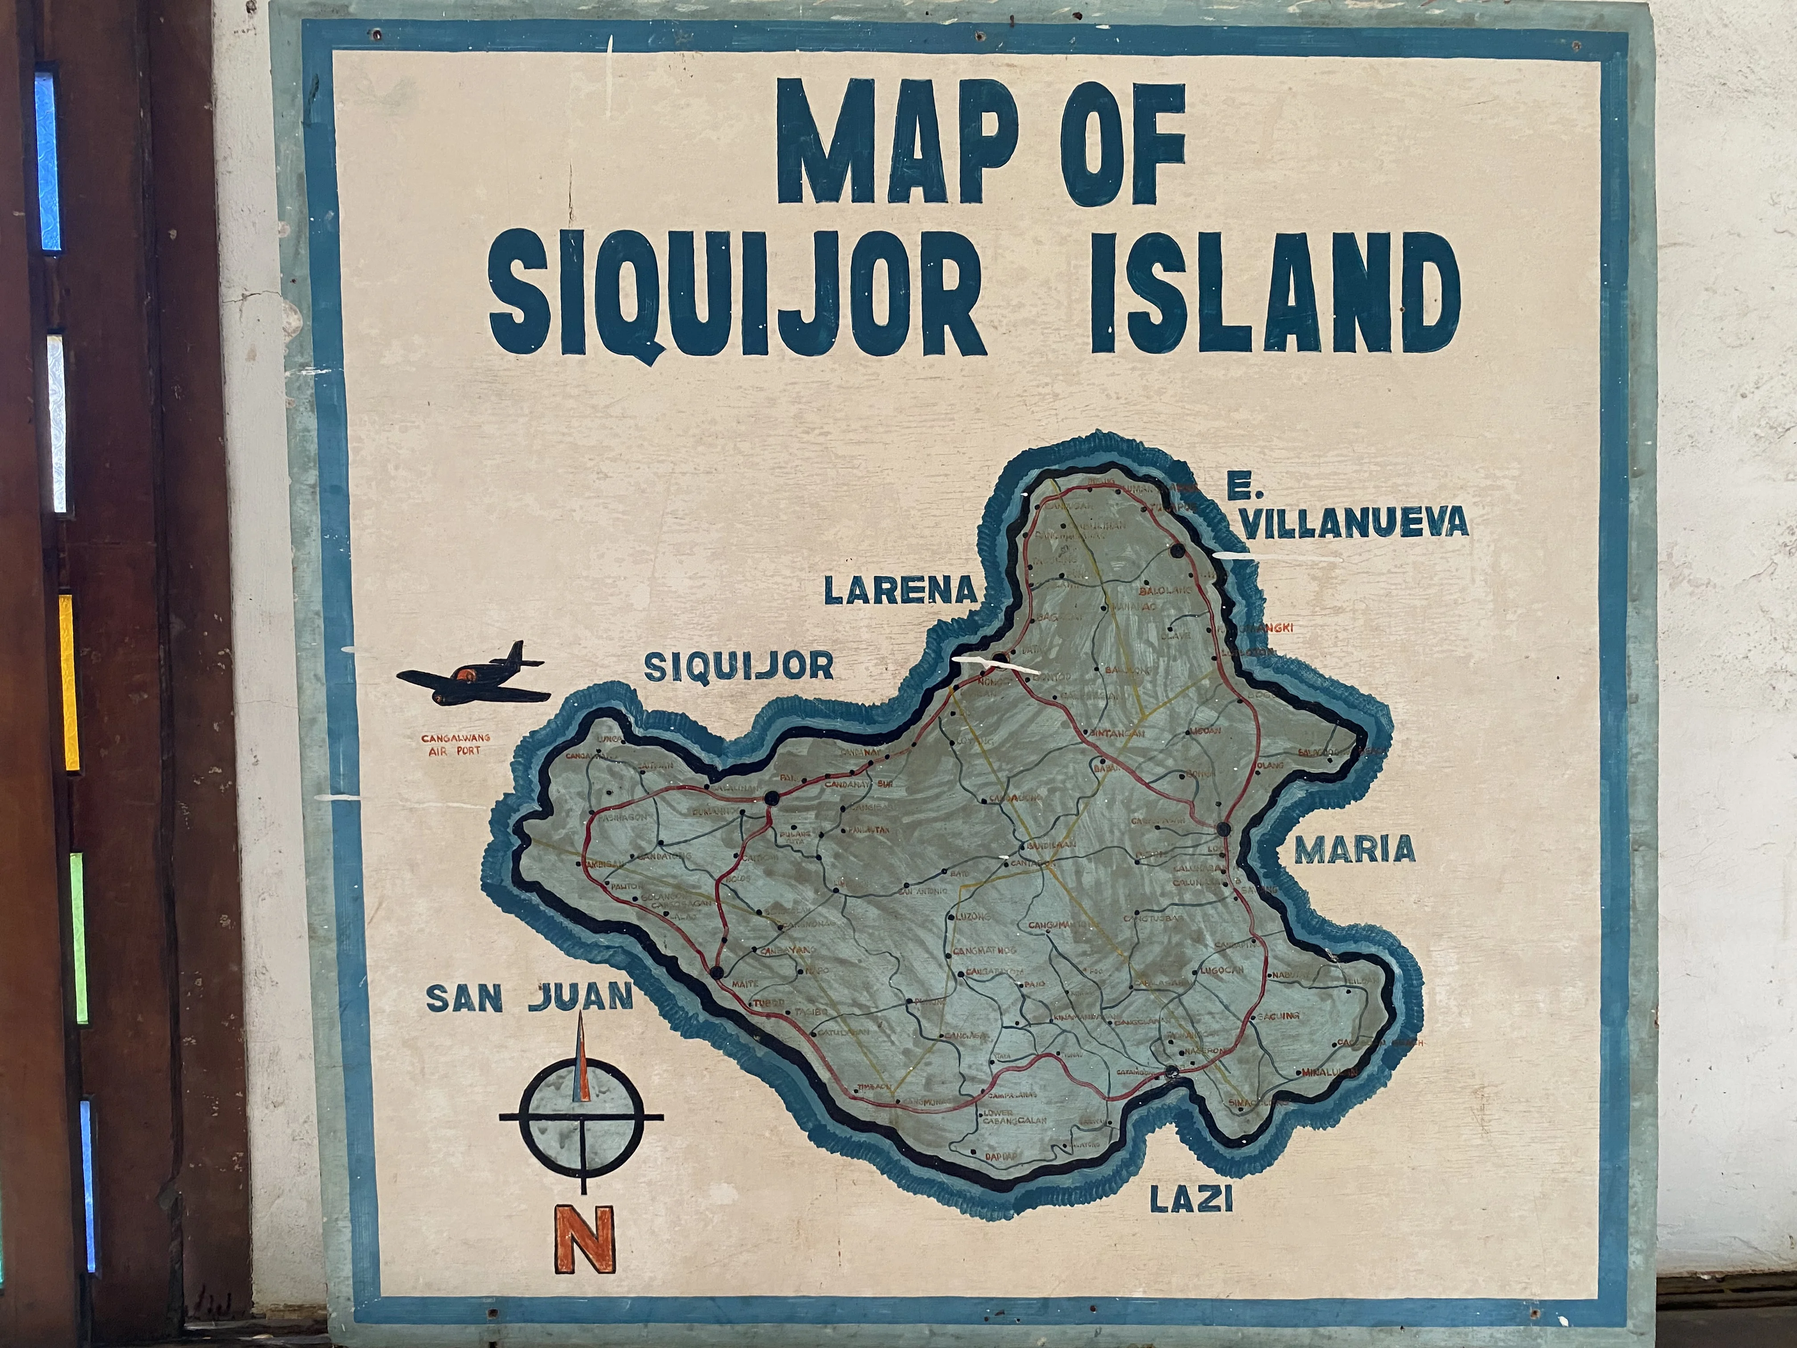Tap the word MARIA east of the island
tap(1354, 850)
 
